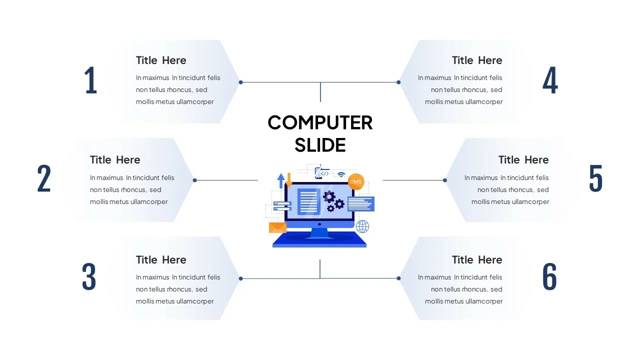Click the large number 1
pos(90,80)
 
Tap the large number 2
pos(44,179)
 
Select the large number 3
pos(89,277)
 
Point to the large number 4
pos(550,80)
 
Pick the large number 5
pos(595,178)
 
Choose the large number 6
pos(549,277)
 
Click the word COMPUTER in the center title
pos(320,122)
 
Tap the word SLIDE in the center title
pos(320,145)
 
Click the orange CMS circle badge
pos(355,182)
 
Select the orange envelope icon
pos(277,227)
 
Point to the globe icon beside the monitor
pos(362,226)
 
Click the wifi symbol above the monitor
pos(341,174)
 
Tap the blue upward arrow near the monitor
pos(281,180)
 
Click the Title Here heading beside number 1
pos(161,60)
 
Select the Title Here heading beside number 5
pos(523,160)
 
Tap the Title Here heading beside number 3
pos(161,260)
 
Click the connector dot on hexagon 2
pos(195,180)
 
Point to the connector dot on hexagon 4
pos(398,82)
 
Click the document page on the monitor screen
pos(308,201)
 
